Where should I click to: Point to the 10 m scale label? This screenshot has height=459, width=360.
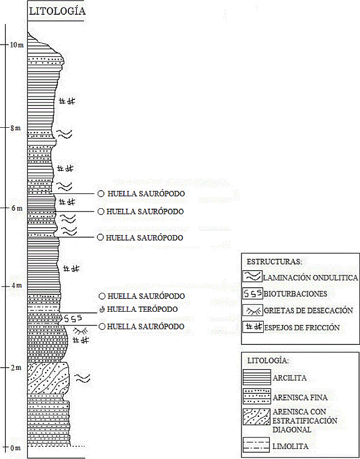point(17,45)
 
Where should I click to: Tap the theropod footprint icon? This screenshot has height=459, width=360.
point(102,309)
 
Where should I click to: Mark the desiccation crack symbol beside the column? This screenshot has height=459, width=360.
point(79,331)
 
